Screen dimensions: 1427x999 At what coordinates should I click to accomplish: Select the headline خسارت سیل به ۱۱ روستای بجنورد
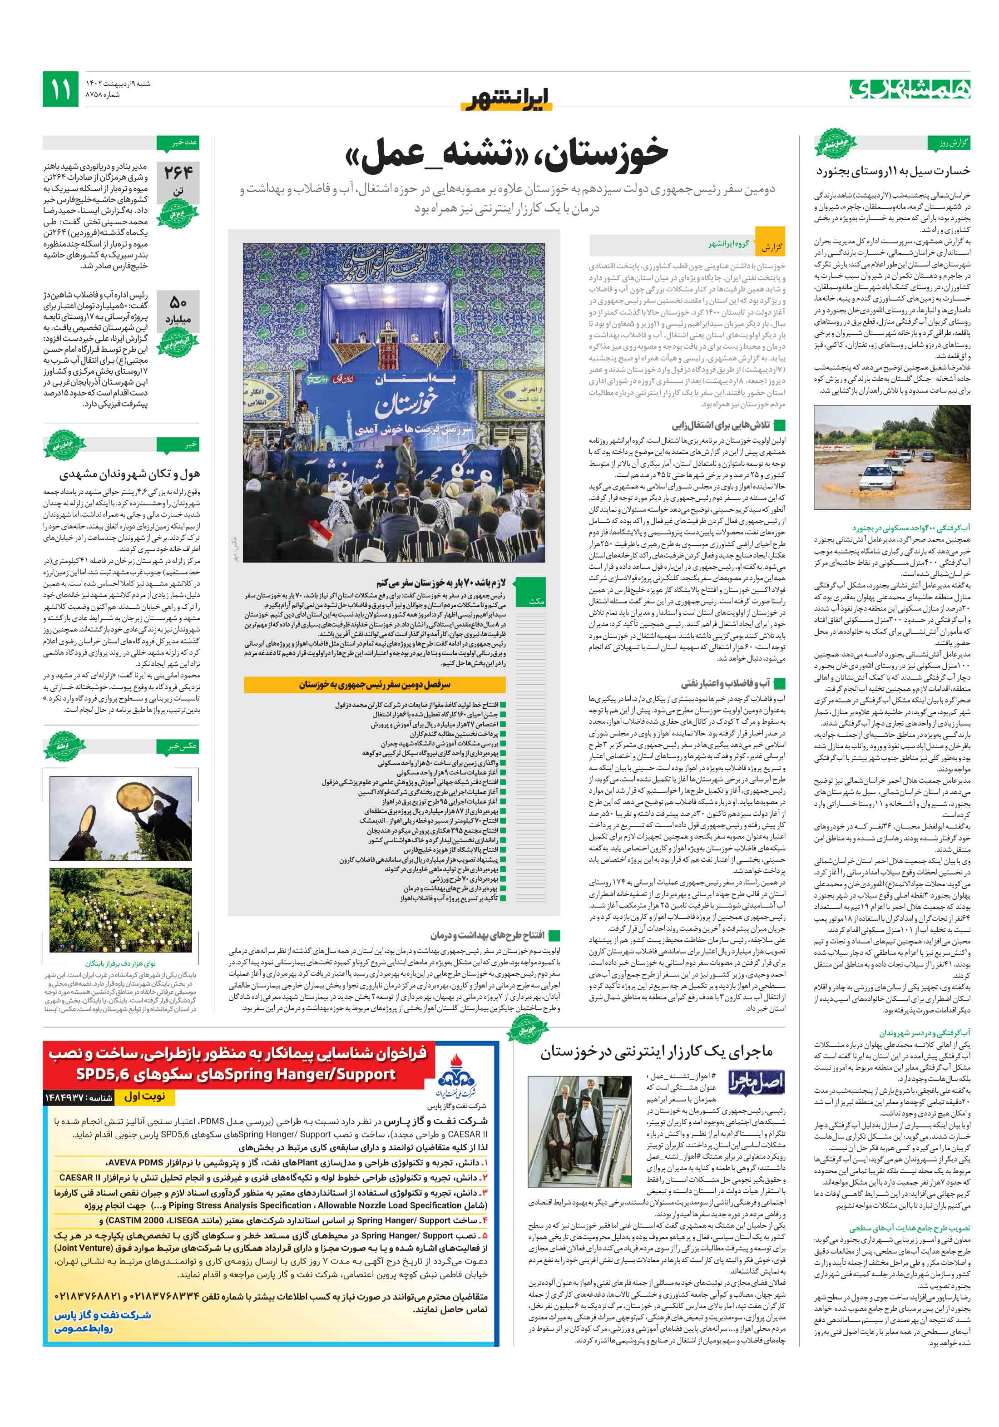click(892, 170)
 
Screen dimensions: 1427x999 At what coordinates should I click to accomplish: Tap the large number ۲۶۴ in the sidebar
click(178, 172)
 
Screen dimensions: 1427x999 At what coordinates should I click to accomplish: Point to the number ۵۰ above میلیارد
click(178, 303)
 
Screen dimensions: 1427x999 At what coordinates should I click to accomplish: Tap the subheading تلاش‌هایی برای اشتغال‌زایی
click(721, 426)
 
